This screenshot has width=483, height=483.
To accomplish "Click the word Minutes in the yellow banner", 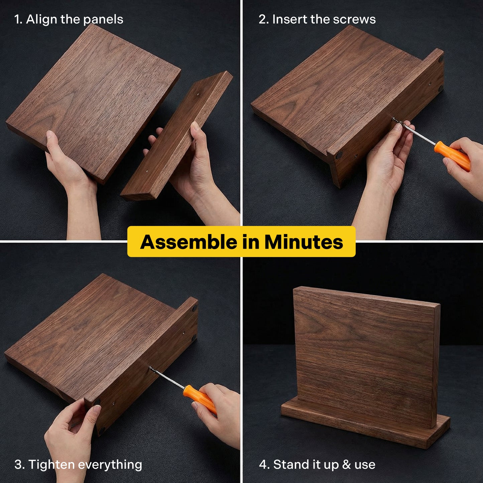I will coord(304,242).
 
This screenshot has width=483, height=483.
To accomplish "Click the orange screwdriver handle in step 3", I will coord(200,398).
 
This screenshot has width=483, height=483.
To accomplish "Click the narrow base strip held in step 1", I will coord(177,137).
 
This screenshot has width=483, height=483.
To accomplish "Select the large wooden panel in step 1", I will coord(94,100).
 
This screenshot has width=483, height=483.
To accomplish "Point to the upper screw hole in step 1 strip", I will coord(199,95).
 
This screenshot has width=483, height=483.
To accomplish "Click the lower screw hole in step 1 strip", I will coord(147,171).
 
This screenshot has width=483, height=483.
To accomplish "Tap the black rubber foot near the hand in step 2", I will coord(339,155).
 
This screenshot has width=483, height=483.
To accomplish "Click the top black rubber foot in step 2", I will coord(441,59).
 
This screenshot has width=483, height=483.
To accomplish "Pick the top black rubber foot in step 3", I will coord(195,309).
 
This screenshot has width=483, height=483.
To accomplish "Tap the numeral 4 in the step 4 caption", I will coord(263,464).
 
